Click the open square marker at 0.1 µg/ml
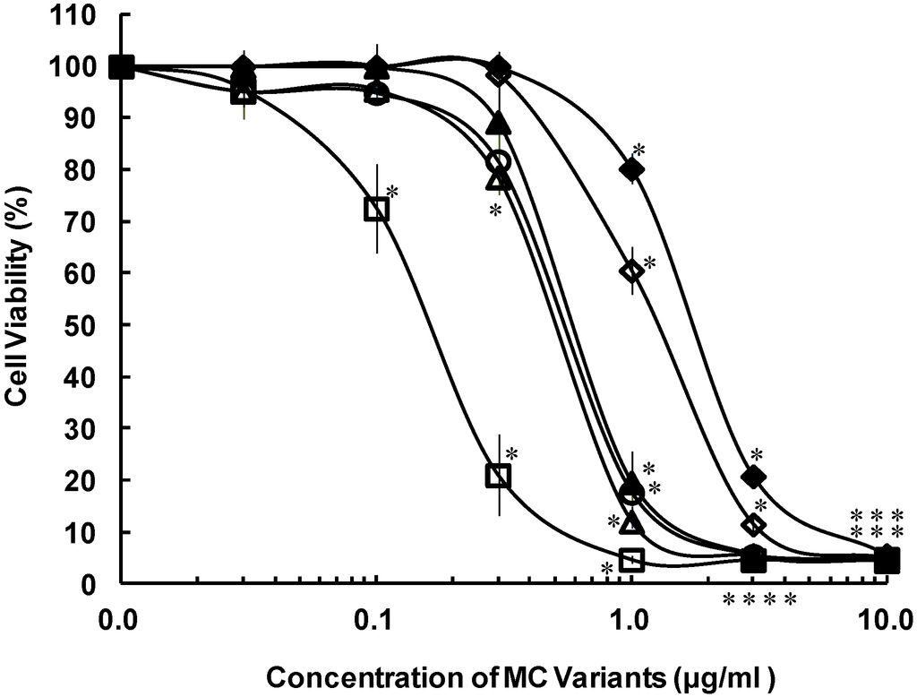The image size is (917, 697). point(377,209)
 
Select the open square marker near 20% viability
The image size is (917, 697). point(499,475)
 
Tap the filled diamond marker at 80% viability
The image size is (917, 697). point(632,168)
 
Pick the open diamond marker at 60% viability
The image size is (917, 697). point(632,271)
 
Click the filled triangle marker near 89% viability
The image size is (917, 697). point(501,123)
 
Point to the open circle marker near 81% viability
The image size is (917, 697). point(500,162)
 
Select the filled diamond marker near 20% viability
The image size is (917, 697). point(753,476)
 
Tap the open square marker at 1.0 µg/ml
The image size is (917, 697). point(632,560)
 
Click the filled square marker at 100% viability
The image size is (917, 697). point(121,66)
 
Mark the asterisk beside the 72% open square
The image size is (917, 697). point(391,192)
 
